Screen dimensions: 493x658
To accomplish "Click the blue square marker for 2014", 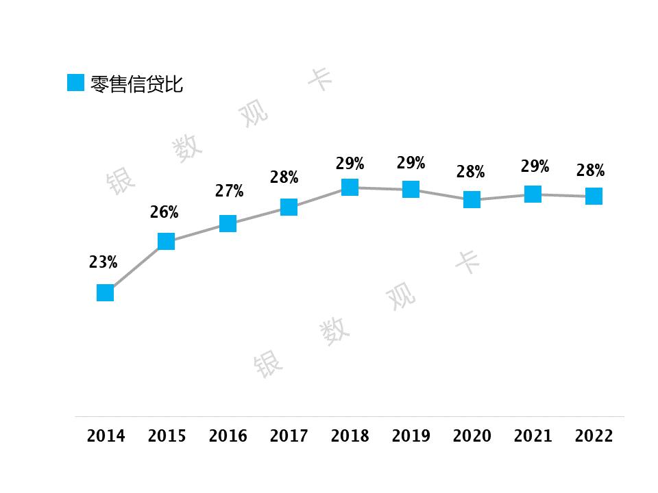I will pyautogui.click(x=105, y=293).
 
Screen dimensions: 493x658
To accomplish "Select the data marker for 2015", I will pyautogui.click(x=166, y=241).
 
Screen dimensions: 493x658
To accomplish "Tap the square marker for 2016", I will pyautogui.click(x=228, y=223).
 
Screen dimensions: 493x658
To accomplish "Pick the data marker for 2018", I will pyautogui.click(x=350, y=187).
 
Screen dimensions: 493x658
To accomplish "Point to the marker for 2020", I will pyautogui.click(x=472, y=199).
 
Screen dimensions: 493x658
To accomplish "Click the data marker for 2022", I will pyautogui.click(x=594, y=197).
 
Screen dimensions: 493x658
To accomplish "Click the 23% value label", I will pyautogui.click(x=103, y=262).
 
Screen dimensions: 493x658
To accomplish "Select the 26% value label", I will pyautogui.click(x=164, y=212).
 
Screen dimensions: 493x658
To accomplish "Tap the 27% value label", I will pyautogui.click(x=229, y=191).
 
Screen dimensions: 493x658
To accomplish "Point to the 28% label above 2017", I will pyautogui.click(x=284, y=177).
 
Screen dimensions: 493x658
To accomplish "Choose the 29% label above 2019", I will pyautogui.click(x=411, y=163).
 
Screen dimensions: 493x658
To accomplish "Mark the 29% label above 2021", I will pyautogui.click(x=535, y=166).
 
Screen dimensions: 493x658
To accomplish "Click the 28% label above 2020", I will pyautogui.click(x=470, y=171).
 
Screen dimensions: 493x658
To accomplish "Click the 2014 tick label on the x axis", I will pyautogui.click(x=106, y=436).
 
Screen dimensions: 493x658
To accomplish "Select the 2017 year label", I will pyautogui.click(x=289, y=436).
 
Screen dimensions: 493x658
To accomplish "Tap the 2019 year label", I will pyautogui.click(x=411, y=436).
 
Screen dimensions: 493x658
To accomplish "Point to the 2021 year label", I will pyautogui.click(x=533, y=436).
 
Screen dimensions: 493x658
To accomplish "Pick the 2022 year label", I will pyautogui.click(x=594, y=436).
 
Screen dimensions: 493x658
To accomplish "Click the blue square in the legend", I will pyautogui.click(x=75, y=83).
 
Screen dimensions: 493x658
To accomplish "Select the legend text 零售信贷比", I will pyautogui.click(x=136, y=84).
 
